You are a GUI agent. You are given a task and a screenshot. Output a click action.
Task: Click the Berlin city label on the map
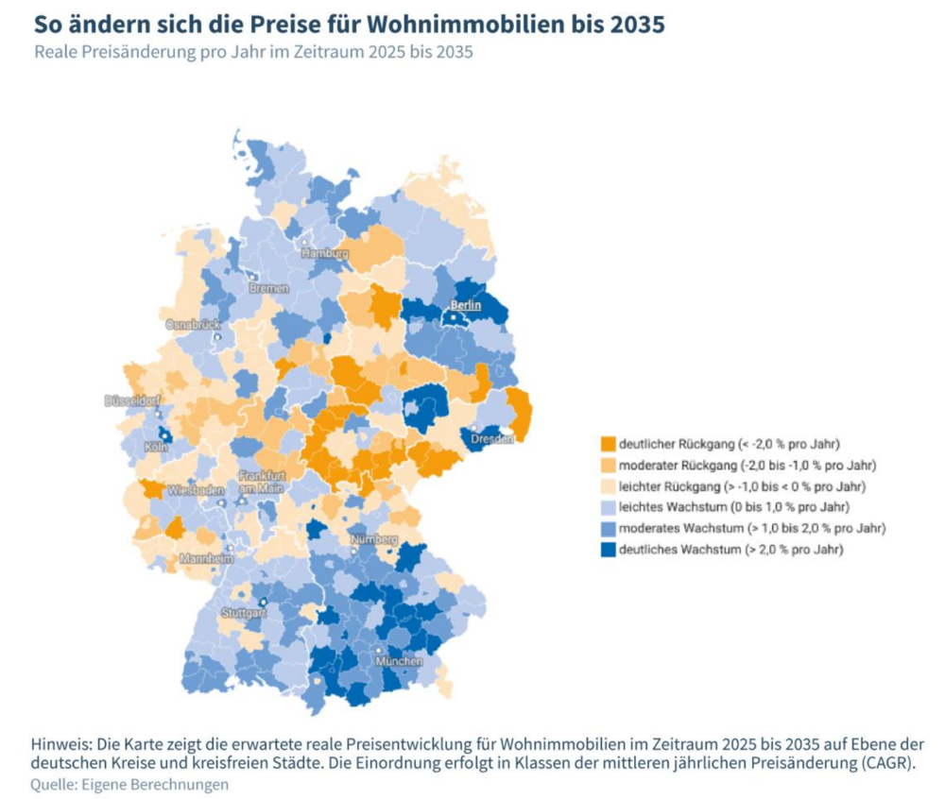466,305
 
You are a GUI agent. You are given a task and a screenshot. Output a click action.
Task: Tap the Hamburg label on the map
325,253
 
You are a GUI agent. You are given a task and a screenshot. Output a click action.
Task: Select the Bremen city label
270,287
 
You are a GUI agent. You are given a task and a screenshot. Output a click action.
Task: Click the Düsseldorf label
131,400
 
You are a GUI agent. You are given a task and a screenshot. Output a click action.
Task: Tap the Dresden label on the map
492,438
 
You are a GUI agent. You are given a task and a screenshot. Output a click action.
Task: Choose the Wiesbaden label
196,490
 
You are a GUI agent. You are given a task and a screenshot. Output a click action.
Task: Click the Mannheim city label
206,558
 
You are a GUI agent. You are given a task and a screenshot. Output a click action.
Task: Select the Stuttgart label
243,612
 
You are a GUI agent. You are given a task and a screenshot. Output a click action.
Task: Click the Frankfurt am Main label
262,481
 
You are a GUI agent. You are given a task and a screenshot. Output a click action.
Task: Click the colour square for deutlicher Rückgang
608,442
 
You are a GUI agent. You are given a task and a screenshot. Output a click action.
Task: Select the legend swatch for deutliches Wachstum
608,549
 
